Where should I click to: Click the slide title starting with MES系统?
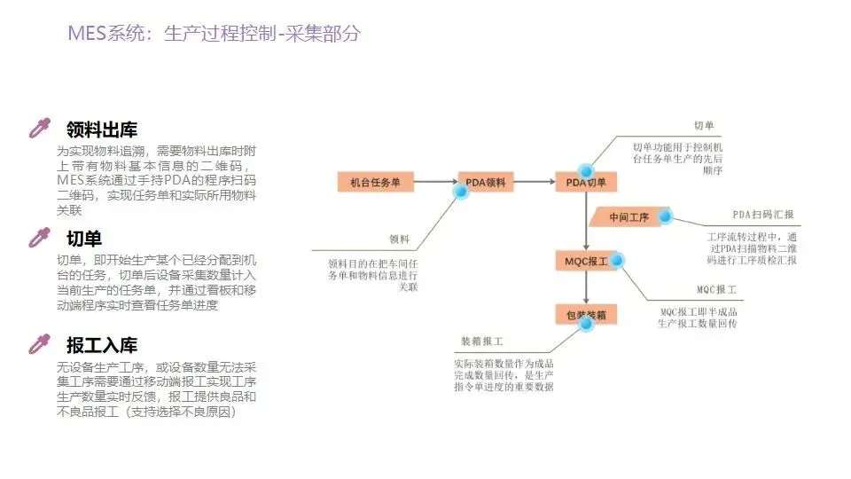215,35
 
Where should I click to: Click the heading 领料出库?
102,130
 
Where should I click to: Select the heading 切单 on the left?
84,239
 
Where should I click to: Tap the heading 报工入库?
102,345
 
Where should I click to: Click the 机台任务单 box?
376,183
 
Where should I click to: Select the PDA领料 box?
486,183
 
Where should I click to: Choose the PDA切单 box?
586,183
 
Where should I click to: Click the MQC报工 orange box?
586,261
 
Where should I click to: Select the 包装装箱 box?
586,315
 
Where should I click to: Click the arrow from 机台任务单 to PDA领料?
435,183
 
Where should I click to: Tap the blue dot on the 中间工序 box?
665,216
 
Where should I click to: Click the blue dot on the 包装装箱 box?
585,324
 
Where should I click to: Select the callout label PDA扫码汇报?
763,216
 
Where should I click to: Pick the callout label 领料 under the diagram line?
400,239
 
